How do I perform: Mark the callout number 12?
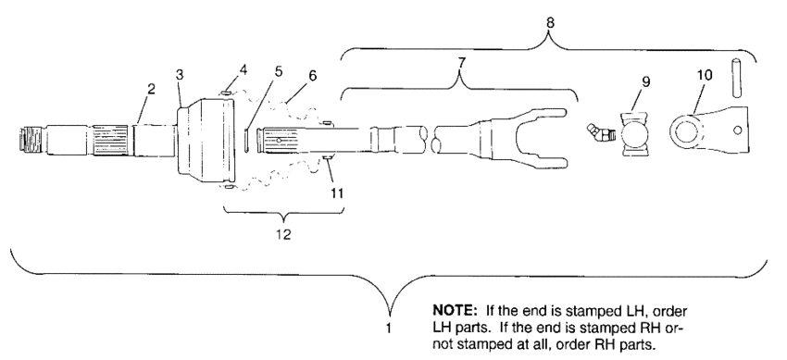pyautogui.click(x=284, y=234)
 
